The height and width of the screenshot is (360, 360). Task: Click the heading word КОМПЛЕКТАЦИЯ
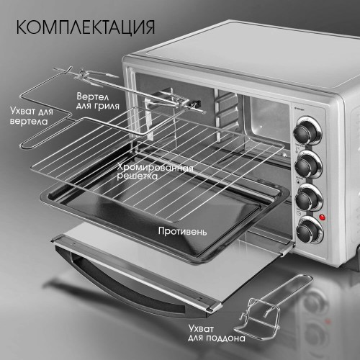click(x=84, y=27)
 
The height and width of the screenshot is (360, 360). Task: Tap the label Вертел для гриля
click(x=97, y=101)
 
